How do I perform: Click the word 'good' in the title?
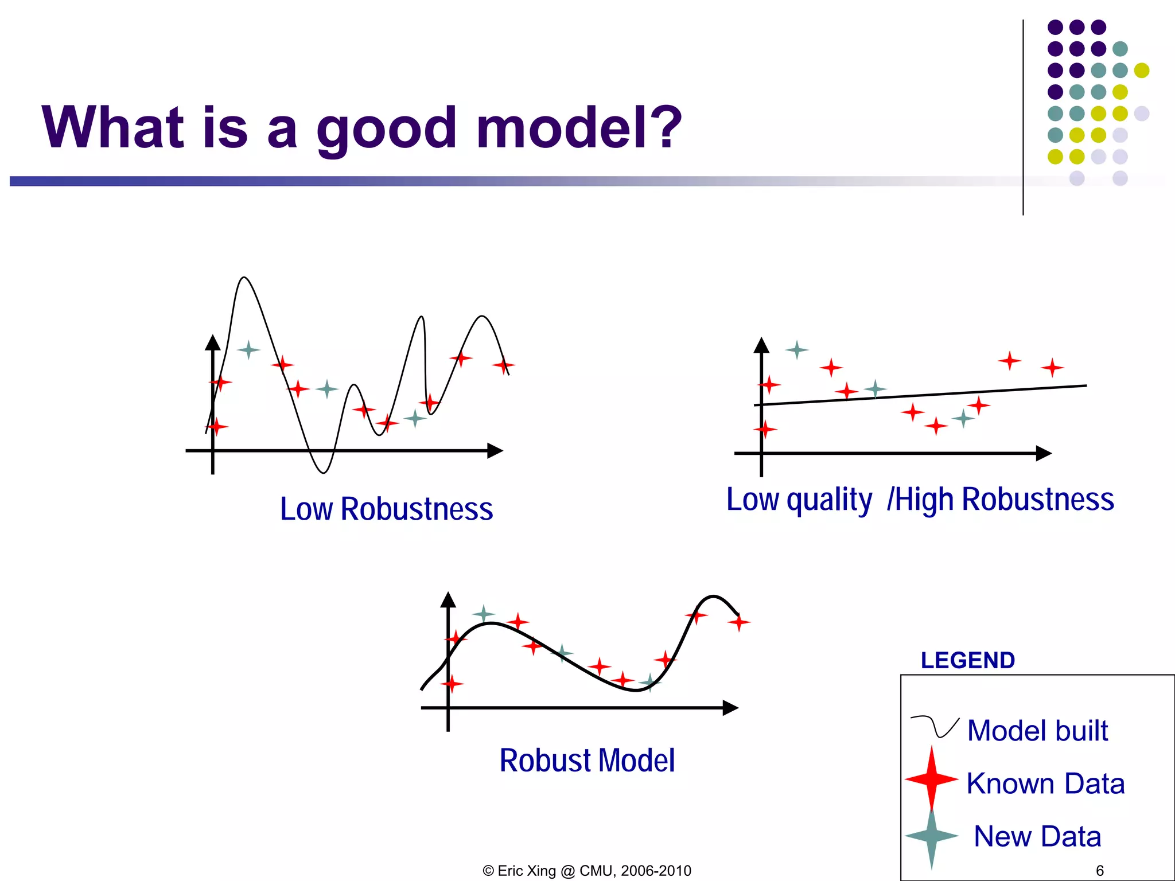(387, 129)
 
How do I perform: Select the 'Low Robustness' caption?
(386, 509)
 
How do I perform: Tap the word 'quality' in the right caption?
(828, 500)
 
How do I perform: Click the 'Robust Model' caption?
(587, 761)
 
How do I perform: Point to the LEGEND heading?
(967, 660)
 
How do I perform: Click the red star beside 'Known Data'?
(931, 779)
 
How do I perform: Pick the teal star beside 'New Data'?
(931, 836)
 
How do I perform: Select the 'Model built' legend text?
(1037, 731)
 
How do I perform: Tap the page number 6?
(1099, 870)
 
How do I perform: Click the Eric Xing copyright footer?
(587, 871)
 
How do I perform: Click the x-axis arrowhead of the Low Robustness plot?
(496, 451)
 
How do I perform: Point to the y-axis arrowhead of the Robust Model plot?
(448, 600)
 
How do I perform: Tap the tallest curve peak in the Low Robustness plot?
(244, 278)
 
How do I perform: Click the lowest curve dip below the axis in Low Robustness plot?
(323, 472)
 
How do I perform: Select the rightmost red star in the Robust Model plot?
(739, 622)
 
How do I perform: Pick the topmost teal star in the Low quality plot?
(796, 349)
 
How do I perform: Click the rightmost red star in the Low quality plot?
(1052, 367)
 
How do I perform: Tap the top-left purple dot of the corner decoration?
(1055, 27)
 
